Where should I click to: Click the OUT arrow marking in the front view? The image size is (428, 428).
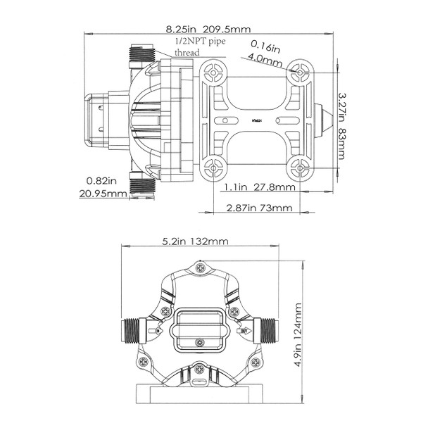click(243, 328)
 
